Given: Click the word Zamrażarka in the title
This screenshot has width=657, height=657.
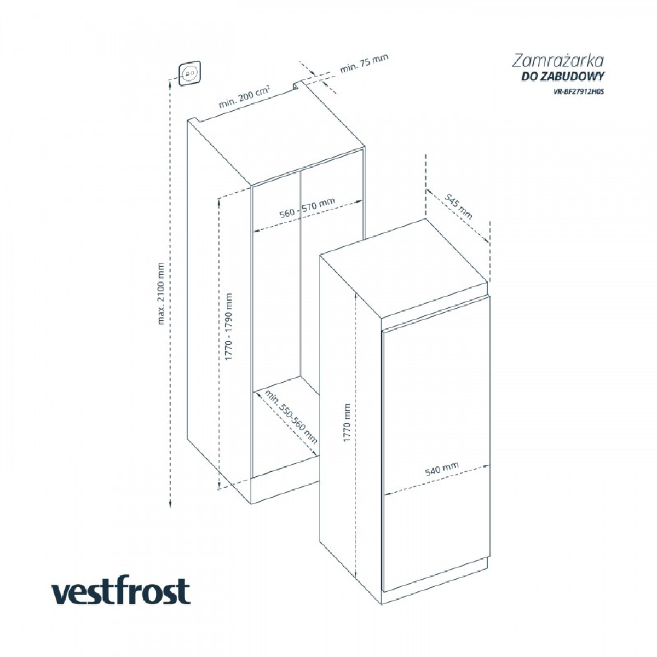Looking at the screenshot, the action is click(x=558, y=61).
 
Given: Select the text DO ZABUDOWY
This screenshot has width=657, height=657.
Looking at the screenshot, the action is click(x=563, y=77).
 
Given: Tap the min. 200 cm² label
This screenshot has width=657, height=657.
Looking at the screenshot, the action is click(x=244, y=97).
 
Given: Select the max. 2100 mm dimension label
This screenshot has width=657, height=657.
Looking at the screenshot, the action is click(x=161, y=293).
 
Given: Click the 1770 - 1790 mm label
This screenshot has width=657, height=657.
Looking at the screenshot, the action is click(x=228, y=327).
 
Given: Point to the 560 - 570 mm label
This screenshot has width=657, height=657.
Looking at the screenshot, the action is click(x=307, y=208).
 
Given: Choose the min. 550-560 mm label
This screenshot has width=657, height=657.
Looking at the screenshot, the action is click(x=291, y=417).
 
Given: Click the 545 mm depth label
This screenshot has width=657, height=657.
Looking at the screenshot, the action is click(x=459, y=206).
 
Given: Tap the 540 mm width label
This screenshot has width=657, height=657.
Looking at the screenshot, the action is click(x=442, y=469).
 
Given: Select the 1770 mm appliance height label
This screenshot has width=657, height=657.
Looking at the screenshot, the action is click(x=347, y=423).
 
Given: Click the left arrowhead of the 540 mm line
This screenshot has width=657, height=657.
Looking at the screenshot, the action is click(x=387, y=492).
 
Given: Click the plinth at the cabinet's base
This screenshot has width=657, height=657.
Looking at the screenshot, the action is click(x=285, y=491).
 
